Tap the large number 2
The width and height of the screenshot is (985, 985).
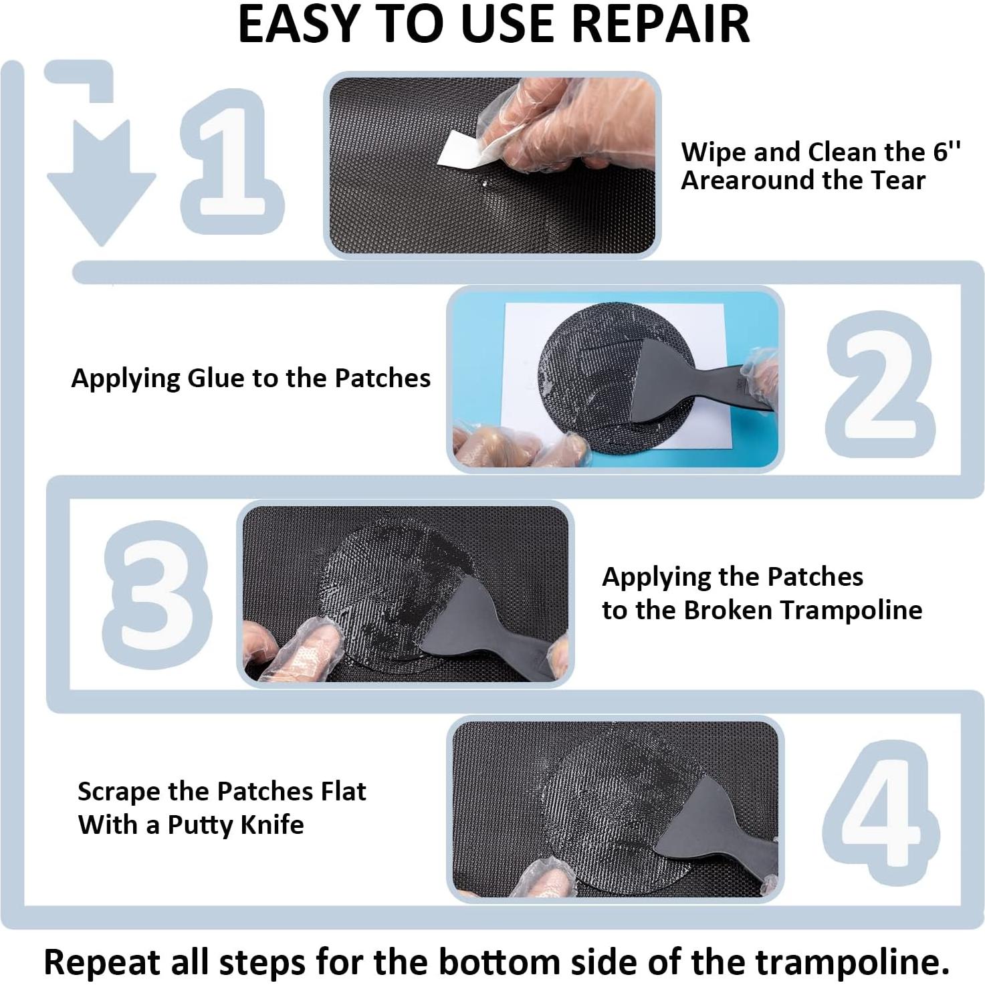tap(879, 385)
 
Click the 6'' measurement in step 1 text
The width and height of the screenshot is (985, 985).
tap(946, 152)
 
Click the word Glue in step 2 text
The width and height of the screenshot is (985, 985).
tap(216, 378)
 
